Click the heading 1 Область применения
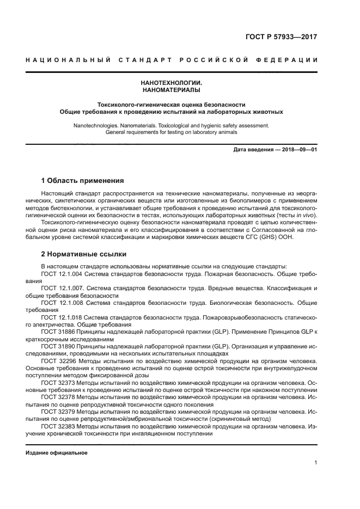pyautogui.click(x=83, y=180)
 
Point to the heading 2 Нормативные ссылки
pyautogui.click(x=84, y=254)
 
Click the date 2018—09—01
pyautogui.click(x=298, y=149)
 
